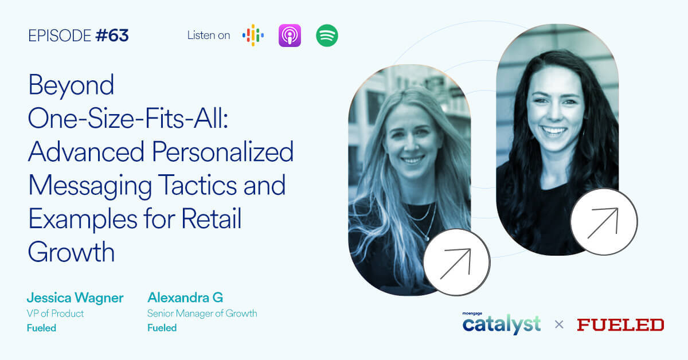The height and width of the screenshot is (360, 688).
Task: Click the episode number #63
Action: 112,36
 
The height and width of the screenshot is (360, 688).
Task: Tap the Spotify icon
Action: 327,36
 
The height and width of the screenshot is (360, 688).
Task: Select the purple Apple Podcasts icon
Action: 290,36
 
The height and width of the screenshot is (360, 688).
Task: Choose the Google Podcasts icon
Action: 253,36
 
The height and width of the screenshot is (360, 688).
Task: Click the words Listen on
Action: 209,36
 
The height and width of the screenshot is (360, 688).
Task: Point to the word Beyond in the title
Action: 71,86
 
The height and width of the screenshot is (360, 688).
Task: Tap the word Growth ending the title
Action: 71,252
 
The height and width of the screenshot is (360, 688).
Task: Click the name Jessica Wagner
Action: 75,298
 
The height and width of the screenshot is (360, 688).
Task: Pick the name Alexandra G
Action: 185,298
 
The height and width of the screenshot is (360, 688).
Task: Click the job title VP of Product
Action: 55,314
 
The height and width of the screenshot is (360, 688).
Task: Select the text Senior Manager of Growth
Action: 202,314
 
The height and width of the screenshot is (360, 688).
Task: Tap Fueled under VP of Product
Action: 41,328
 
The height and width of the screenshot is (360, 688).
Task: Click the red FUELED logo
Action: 620,325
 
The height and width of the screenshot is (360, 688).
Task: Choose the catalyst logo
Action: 502,324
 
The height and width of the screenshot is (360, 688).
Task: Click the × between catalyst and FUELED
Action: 559,325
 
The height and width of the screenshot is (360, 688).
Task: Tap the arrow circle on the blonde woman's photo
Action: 456,263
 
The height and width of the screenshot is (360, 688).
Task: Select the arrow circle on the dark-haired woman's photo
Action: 604,222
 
